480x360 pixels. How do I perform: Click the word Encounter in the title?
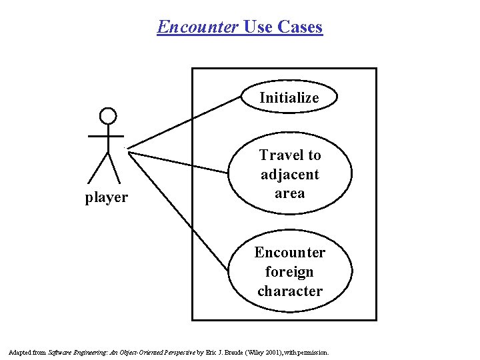click(198, 27)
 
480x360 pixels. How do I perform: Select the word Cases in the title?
click(299, 27)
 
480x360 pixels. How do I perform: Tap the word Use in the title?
click(257, 27)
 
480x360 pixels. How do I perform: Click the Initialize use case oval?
click(289, 97)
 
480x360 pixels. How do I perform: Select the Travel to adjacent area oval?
click(289, 174)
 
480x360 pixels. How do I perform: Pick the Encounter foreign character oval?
click(289, 271)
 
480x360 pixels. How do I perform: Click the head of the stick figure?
click(107, 117)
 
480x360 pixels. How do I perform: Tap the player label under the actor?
click(107, 197)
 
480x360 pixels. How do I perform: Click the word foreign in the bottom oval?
click(289, 272)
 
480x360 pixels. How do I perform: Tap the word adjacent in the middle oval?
click(289, 175)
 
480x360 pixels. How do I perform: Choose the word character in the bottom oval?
click(289, 291)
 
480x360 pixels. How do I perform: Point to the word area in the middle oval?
click(289, 193)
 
